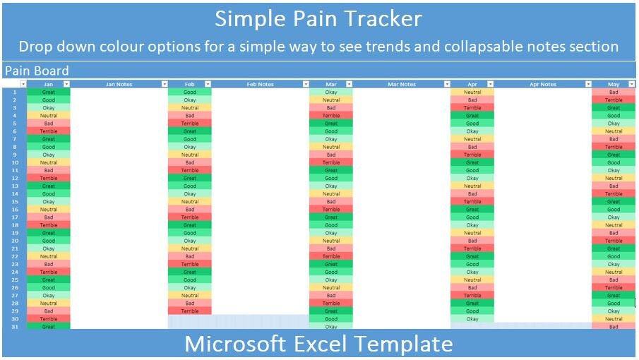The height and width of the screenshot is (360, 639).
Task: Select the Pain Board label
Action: [37, 71]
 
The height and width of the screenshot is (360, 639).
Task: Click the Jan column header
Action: [48, 84]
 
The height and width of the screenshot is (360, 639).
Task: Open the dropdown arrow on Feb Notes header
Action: [306, 84]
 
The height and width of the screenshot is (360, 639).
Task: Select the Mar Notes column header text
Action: [401, 84]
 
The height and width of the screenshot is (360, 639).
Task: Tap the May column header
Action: [613, 84]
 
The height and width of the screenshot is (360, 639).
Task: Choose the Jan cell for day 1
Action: [49, 92]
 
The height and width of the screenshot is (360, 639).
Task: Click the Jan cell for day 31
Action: [49, 327]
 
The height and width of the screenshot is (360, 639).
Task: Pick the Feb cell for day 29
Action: [190, 311]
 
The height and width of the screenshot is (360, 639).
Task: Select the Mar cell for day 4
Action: [331, 116]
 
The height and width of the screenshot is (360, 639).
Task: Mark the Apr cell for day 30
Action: [472, 319]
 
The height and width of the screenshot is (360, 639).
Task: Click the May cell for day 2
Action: [614, 100]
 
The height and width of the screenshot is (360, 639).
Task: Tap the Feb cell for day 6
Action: [190, 131]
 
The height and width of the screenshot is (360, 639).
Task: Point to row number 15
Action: [14, 202]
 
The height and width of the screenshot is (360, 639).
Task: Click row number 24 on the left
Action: [14, 272]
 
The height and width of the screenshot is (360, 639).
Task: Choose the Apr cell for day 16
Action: [472, 210]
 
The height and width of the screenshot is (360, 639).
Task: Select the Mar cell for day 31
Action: [331, 327]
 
